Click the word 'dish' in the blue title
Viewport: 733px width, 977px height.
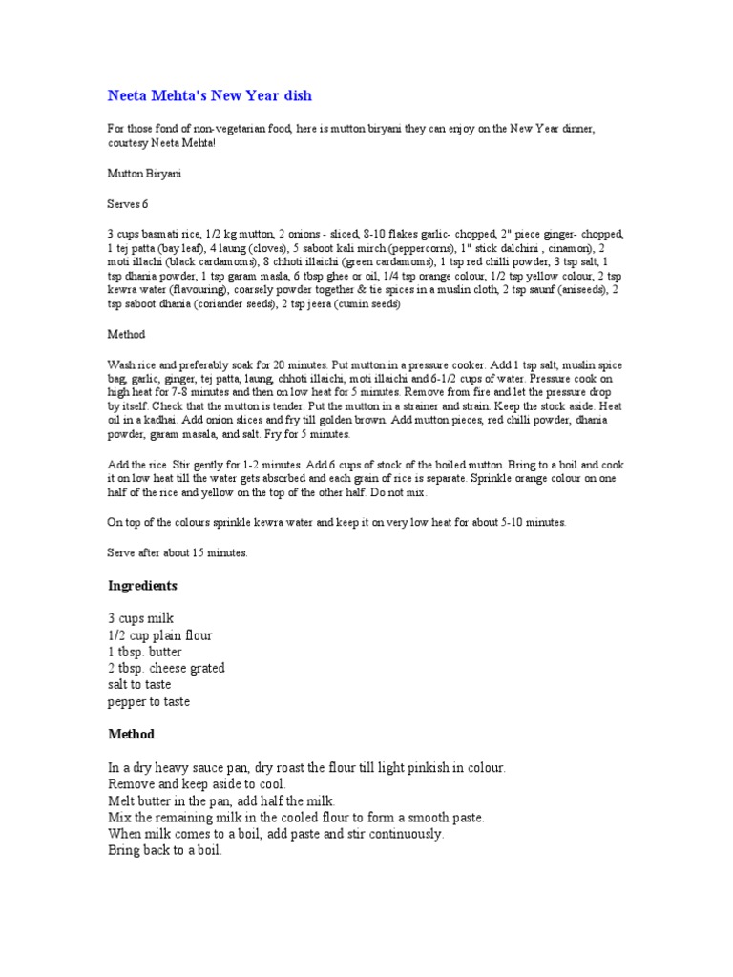(x=294, y=96)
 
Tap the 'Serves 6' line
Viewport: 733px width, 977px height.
(x=127, y=203)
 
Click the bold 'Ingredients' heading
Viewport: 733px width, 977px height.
(x=143, y=585)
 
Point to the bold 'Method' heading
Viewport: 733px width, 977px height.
(x=131, y=735)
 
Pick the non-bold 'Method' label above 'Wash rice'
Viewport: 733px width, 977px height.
(x=125, y=335)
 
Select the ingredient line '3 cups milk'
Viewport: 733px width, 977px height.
(x=140, y=618)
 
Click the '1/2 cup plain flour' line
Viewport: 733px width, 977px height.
(x=159, y=635)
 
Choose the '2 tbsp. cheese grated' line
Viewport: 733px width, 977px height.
(x=166, y=669)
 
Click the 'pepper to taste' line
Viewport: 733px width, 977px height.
(x=149, y=702)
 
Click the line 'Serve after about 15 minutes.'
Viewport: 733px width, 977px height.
(x=178, y=552)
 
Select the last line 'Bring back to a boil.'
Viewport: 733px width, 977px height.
(x=164, y=850)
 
